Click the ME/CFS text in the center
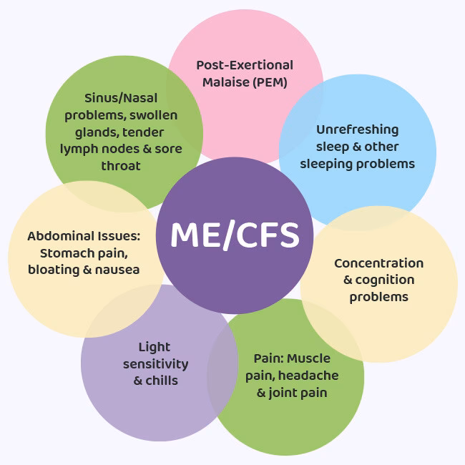235,235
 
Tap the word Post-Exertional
245,65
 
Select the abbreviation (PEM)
270,82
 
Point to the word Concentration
378,263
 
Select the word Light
155,347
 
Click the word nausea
119,270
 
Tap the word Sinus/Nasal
121,98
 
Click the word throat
120,166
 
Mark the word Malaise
225,82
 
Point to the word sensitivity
155,364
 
